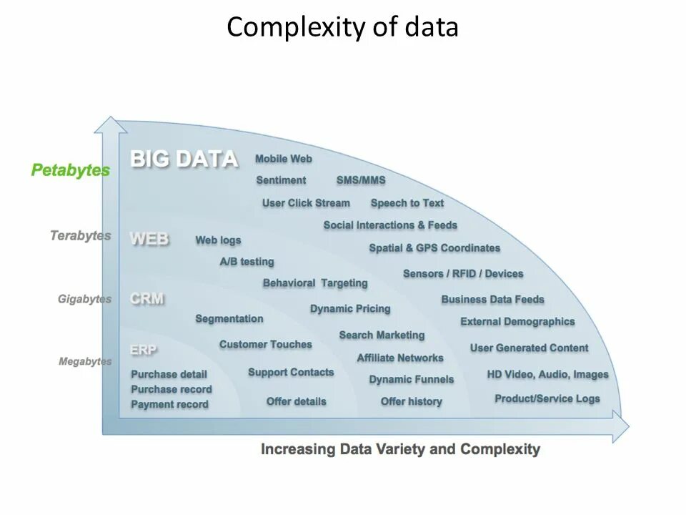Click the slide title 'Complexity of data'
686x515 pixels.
tap(342, 28)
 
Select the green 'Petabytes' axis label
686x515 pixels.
tap(71, 171)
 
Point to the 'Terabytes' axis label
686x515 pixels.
tap(80, 235)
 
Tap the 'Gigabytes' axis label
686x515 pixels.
tap(84, 299)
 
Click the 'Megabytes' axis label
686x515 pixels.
tap(85, 361)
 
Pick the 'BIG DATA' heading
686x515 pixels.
tap(184, 159)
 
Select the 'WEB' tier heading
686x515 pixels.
tap(149, 239)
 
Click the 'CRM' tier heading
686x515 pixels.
tap(147, 299)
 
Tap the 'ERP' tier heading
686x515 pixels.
tap(144, 350)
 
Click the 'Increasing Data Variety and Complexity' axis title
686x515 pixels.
tap(400, 450)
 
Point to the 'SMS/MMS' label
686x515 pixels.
tap(361, 180)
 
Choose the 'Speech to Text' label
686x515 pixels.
tap(407, 203)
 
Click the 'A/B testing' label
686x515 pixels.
tap(247, 262)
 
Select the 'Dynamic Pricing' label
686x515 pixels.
tap(350, 309)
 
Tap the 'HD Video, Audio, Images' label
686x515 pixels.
tap(547, 374)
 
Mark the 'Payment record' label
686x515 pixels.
tap(169, 404)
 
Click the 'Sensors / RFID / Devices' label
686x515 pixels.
tap(463, 274)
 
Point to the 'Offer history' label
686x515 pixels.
tap(411, 401)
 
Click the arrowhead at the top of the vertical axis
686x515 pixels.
tap(110, 125)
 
